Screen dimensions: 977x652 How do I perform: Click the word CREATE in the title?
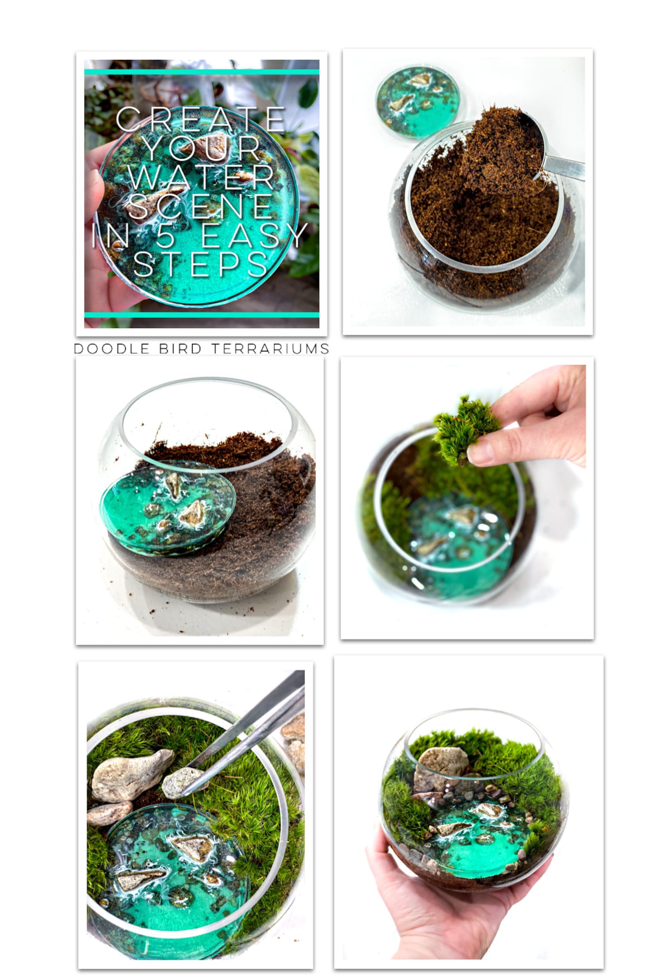pyautogui.click(x=200, y=120)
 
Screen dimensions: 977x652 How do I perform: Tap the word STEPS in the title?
pyautogui.click(x=200, y=264)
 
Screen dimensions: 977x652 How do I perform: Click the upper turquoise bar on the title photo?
pyautogui.click(x=202, y=72)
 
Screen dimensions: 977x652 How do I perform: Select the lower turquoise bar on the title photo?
pyautogui.click(x=202, y=315)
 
